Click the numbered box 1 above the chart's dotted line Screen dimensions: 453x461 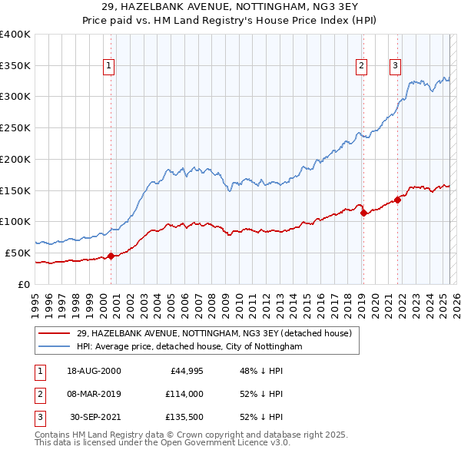pyautogui.click(x=110, y=67)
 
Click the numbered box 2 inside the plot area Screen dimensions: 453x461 pyautogui.click(x=361, y=67)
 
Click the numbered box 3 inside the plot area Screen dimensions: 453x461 pyautogui.click(x=396, y=67)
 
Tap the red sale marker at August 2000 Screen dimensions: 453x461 pyautogui.click(x=111, y=256)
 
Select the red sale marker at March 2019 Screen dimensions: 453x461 pyautogui.click(x=363, y=213)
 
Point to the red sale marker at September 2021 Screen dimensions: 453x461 pyautogui.click(x=398, y=200)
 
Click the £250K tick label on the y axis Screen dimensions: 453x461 pyautogui.click(x=15, y=127)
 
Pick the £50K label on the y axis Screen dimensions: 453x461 pyautogui.click(x=18, y=253)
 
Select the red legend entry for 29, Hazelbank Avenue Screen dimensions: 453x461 pyautogui.click(x=214, y=333)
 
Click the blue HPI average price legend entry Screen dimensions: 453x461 pyautogui.click(x=190, y=347)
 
